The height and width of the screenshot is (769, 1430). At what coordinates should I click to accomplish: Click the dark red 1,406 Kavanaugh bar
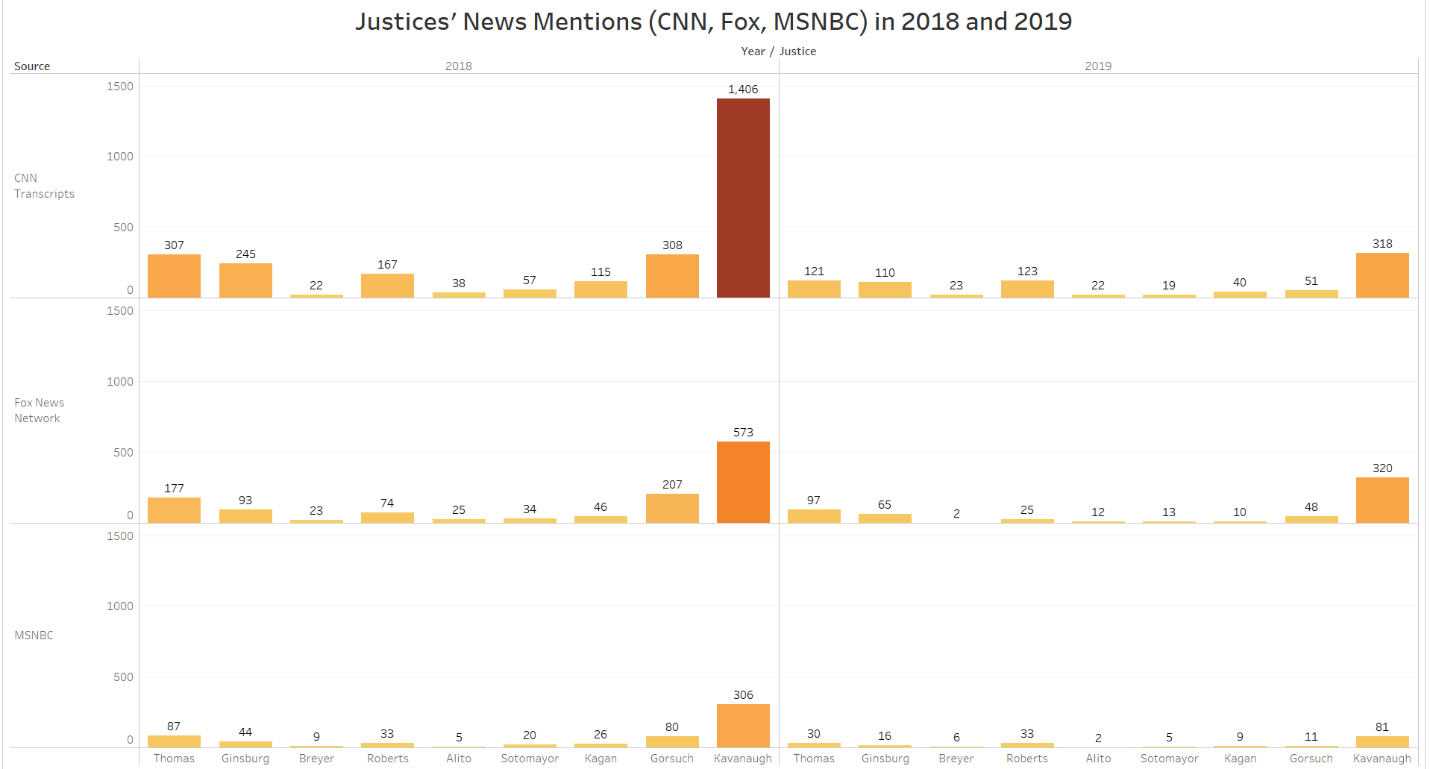coord(743,198)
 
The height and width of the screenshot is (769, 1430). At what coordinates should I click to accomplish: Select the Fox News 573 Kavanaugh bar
coord(743,482)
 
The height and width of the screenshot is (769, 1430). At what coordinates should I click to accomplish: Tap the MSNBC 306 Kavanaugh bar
coord(743,725)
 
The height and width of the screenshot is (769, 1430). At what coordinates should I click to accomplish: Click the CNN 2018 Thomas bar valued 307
coord(174,276)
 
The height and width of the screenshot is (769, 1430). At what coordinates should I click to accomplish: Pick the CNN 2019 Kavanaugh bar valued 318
coord(1382,275)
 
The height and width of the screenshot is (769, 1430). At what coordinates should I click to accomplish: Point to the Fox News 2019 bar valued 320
coord(1382,500)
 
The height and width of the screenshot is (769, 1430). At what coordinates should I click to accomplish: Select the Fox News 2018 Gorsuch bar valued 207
coord(672,508)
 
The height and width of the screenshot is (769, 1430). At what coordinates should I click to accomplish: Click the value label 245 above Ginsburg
coord(245,254)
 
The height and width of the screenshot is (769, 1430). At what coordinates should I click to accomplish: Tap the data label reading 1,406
coord(743,90)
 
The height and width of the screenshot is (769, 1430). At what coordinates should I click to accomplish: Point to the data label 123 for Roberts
coord(1027,271)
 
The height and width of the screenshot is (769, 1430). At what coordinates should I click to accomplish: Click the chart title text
coord(713,22)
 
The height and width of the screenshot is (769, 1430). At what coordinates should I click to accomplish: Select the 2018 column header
coord(459,66)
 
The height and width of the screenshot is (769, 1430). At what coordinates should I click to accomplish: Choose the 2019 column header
coord(1098,66)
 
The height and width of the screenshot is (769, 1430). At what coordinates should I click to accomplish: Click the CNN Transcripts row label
coord(44,186)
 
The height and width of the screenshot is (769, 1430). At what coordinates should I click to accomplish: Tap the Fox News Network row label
coord(39,410)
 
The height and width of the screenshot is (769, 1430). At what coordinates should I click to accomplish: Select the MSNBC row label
coord(34,635)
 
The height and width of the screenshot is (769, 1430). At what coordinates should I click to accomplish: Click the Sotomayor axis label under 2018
coord(530,759)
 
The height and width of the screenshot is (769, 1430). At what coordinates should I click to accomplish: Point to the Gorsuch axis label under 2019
coord(1311,759)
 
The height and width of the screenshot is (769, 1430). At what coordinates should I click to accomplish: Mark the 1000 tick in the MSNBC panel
coord(120,606)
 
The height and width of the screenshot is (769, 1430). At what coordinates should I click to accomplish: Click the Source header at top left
coord(32,66)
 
